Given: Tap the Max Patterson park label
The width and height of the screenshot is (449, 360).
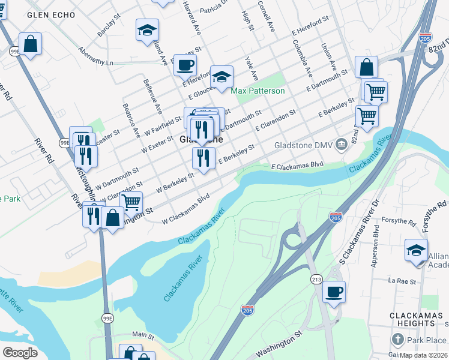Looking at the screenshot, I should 258,91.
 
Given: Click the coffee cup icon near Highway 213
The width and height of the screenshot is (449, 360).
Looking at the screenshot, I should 334,292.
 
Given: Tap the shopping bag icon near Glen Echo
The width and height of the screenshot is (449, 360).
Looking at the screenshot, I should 29,44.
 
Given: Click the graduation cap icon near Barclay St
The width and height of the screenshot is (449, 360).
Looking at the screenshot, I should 146,30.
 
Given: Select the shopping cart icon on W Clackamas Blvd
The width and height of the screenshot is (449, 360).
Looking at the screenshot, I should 131,202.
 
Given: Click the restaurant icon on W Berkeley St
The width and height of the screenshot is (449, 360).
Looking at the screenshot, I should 203,158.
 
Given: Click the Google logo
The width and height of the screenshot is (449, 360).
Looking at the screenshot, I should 20,353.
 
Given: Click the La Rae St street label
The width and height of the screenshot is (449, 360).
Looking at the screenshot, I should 402,281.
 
